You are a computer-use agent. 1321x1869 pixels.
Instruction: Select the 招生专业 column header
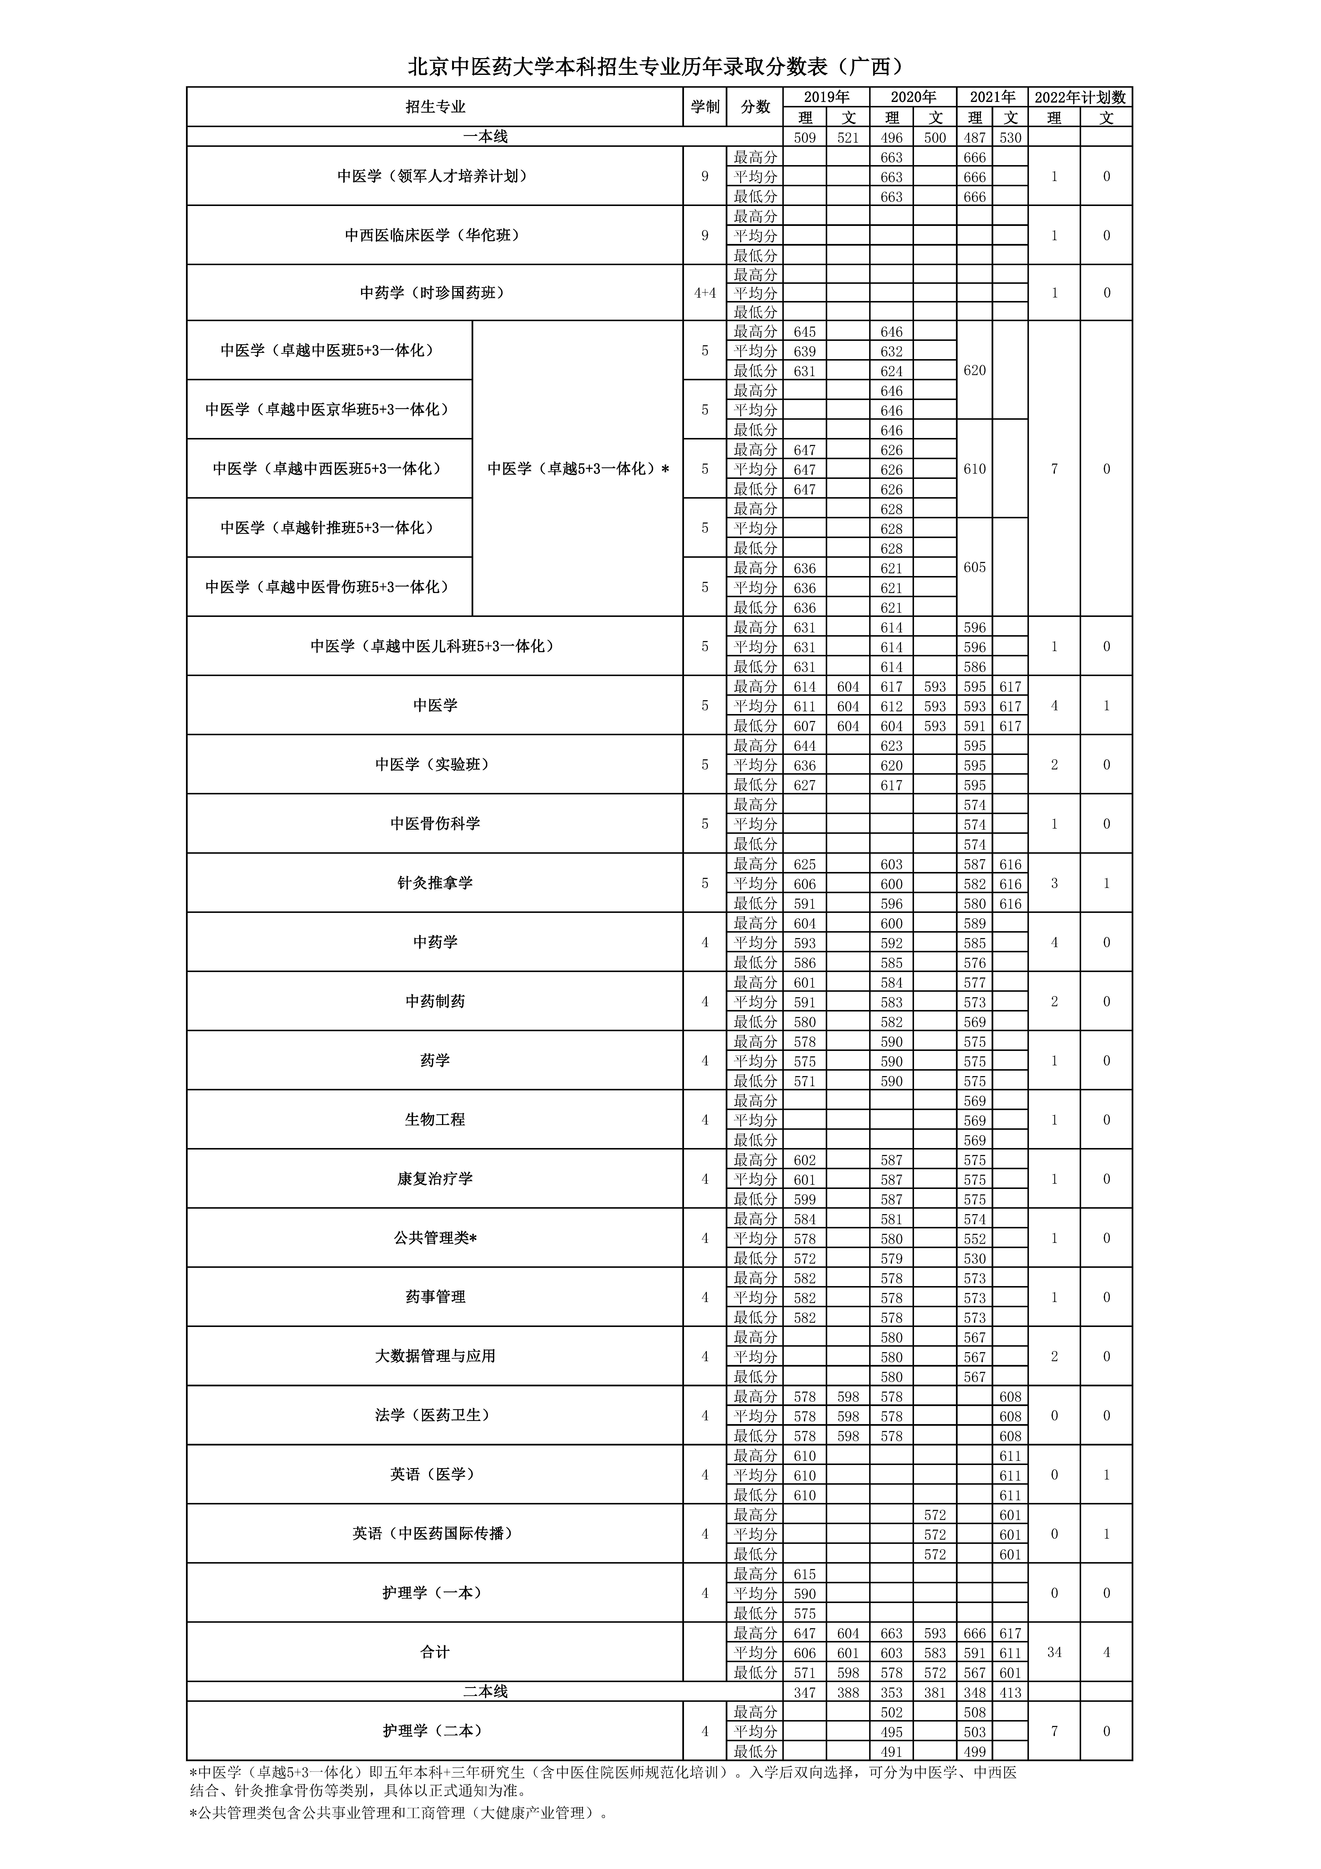[436, 107]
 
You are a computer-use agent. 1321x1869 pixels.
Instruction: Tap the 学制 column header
[705, 107]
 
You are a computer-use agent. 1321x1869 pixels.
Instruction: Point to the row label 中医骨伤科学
[436, 824]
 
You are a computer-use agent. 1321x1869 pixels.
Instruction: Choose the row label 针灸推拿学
[436, 883]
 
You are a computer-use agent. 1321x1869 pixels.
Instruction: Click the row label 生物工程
[436, 1120]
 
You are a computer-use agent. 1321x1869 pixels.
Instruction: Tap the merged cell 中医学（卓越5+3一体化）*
[578, 469]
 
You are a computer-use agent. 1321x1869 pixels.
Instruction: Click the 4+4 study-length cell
[705, 293]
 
